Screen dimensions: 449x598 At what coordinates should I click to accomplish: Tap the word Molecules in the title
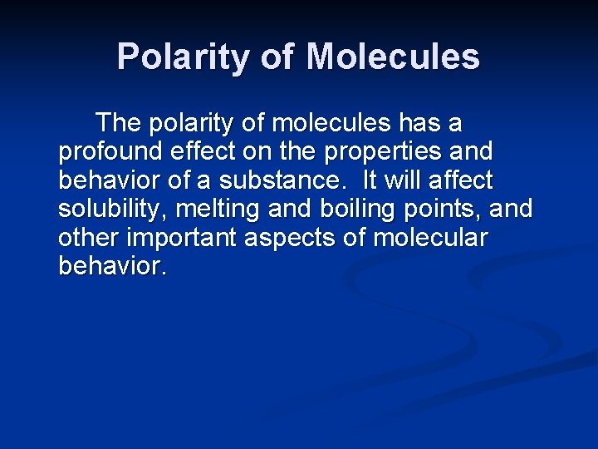(393, 57)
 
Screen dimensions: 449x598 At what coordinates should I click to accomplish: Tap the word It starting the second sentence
(370, 180)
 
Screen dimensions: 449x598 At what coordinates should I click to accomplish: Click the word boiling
(355, 209)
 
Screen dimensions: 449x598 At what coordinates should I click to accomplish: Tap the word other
(86, 238)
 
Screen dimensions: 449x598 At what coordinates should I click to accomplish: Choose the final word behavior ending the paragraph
(112, 266)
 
